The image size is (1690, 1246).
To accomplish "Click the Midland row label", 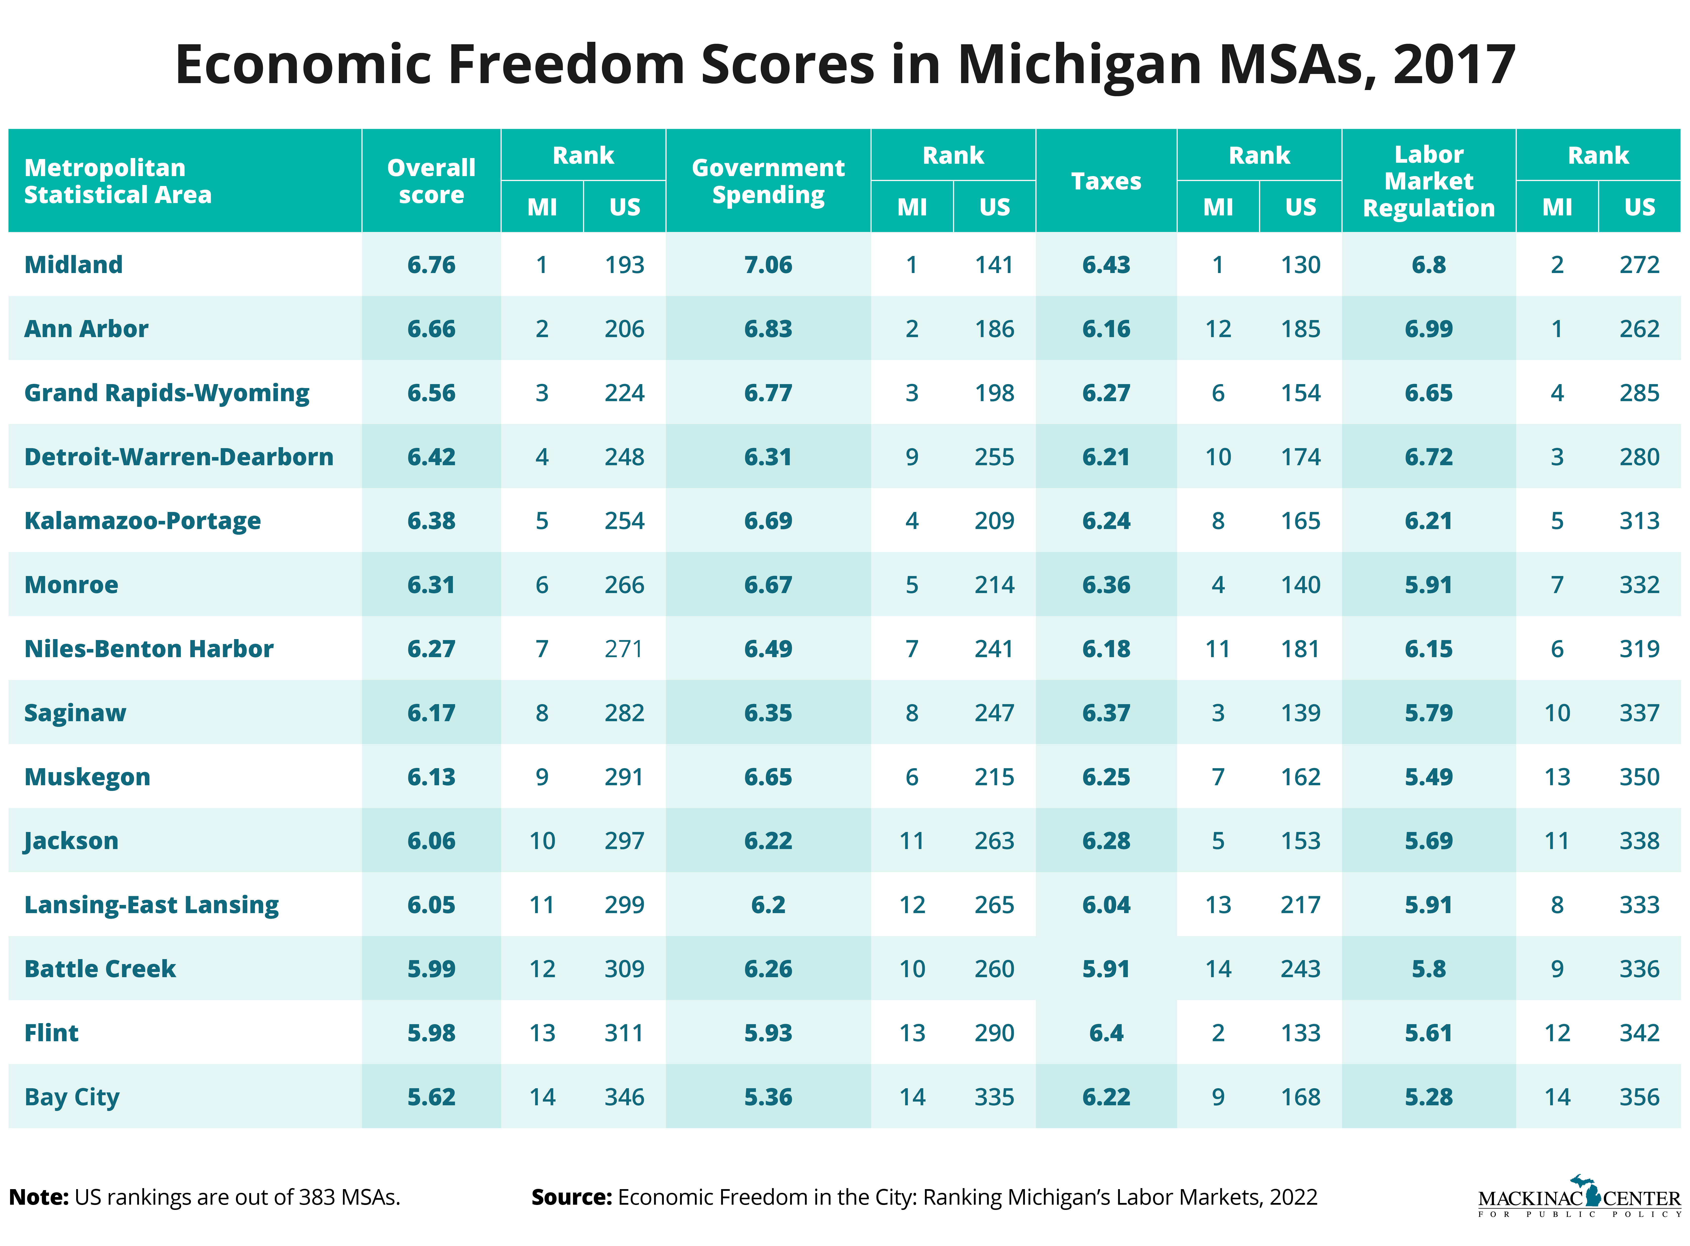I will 73,265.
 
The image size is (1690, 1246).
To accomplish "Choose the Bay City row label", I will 72,1097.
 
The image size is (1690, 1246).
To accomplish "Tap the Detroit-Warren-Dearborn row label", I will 179,457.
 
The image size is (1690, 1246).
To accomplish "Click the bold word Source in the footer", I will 571,1197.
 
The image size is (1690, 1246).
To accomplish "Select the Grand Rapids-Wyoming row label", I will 167,393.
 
